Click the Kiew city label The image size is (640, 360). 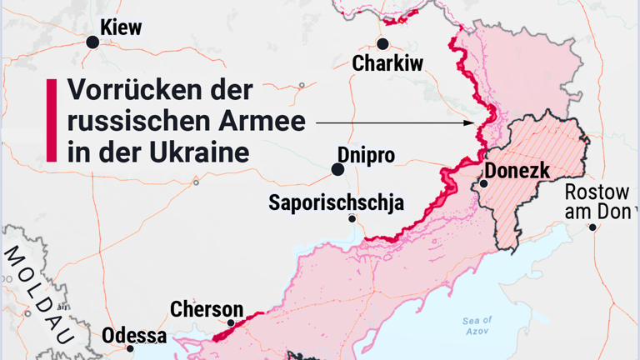point(121,27)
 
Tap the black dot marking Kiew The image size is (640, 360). point(93,42)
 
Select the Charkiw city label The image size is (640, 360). point(387,63)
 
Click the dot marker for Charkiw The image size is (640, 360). point(382,44)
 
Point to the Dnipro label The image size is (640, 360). point(366,154)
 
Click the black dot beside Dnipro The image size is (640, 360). point(337,169)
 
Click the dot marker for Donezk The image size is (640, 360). point(483,183)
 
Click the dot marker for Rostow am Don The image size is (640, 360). point(592,227)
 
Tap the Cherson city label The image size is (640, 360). point(207,309)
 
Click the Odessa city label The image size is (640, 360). point(134,336)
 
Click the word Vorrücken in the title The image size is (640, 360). point(125,91)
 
